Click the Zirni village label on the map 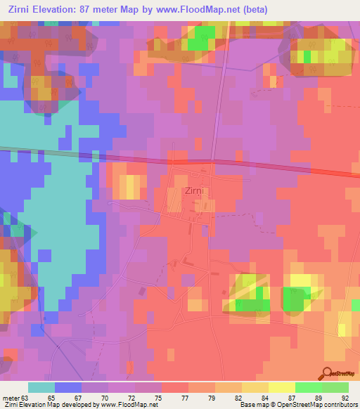click(195, 190)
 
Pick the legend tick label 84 click(255, 397)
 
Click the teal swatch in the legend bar click(41, 387)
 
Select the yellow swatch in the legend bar click(281, 387)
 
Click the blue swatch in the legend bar click(67, 387)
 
